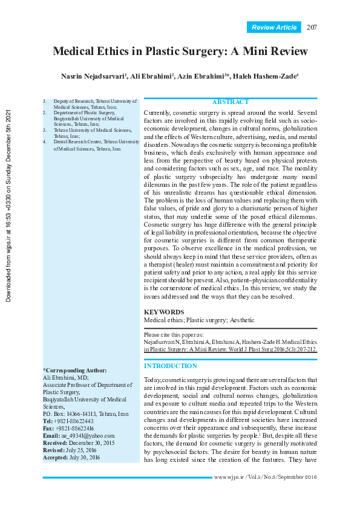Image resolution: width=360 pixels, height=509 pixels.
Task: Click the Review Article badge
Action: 274,27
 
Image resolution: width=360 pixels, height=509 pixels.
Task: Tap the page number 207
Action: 312,27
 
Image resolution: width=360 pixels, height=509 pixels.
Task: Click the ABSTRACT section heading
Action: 230,102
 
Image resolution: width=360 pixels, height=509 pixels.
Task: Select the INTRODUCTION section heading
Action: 170,366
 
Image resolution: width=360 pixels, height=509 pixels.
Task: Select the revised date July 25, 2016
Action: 82,450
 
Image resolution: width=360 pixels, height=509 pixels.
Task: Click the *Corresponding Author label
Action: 74,370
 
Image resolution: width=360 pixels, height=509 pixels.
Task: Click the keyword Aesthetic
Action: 241,320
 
